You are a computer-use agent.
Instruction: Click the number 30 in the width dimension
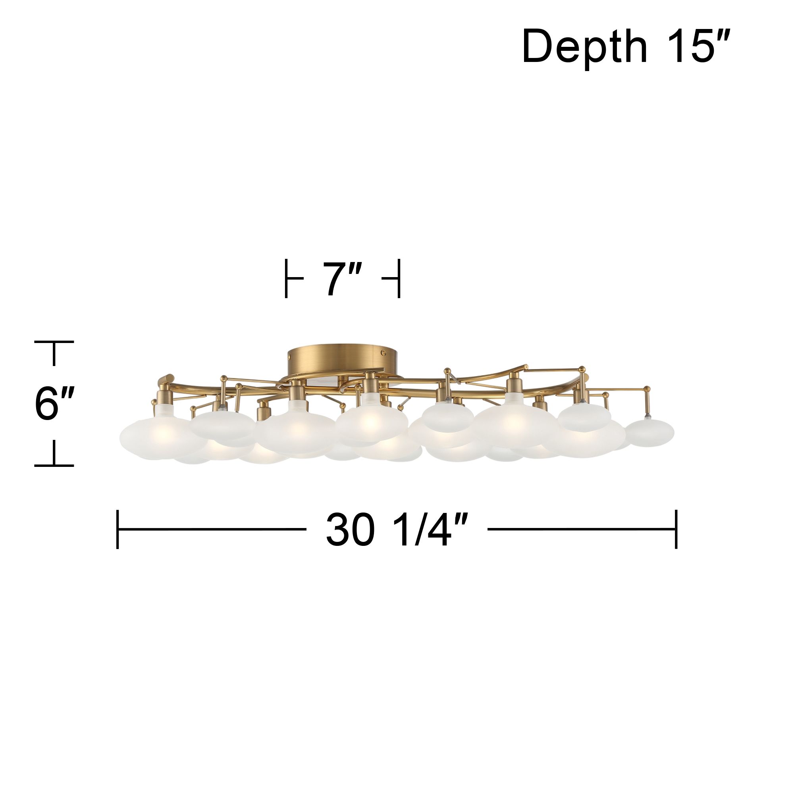coord(351,529)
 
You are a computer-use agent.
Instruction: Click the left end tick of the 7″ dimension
coord(286,279)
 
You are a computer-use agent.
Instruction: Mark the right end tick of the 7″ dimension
coord(398,279)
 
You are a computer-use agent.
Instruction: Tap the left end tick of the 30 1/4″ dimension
coord(118,529)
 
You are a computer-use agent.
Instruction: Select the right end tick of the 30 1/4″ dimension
coord(676,529)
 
